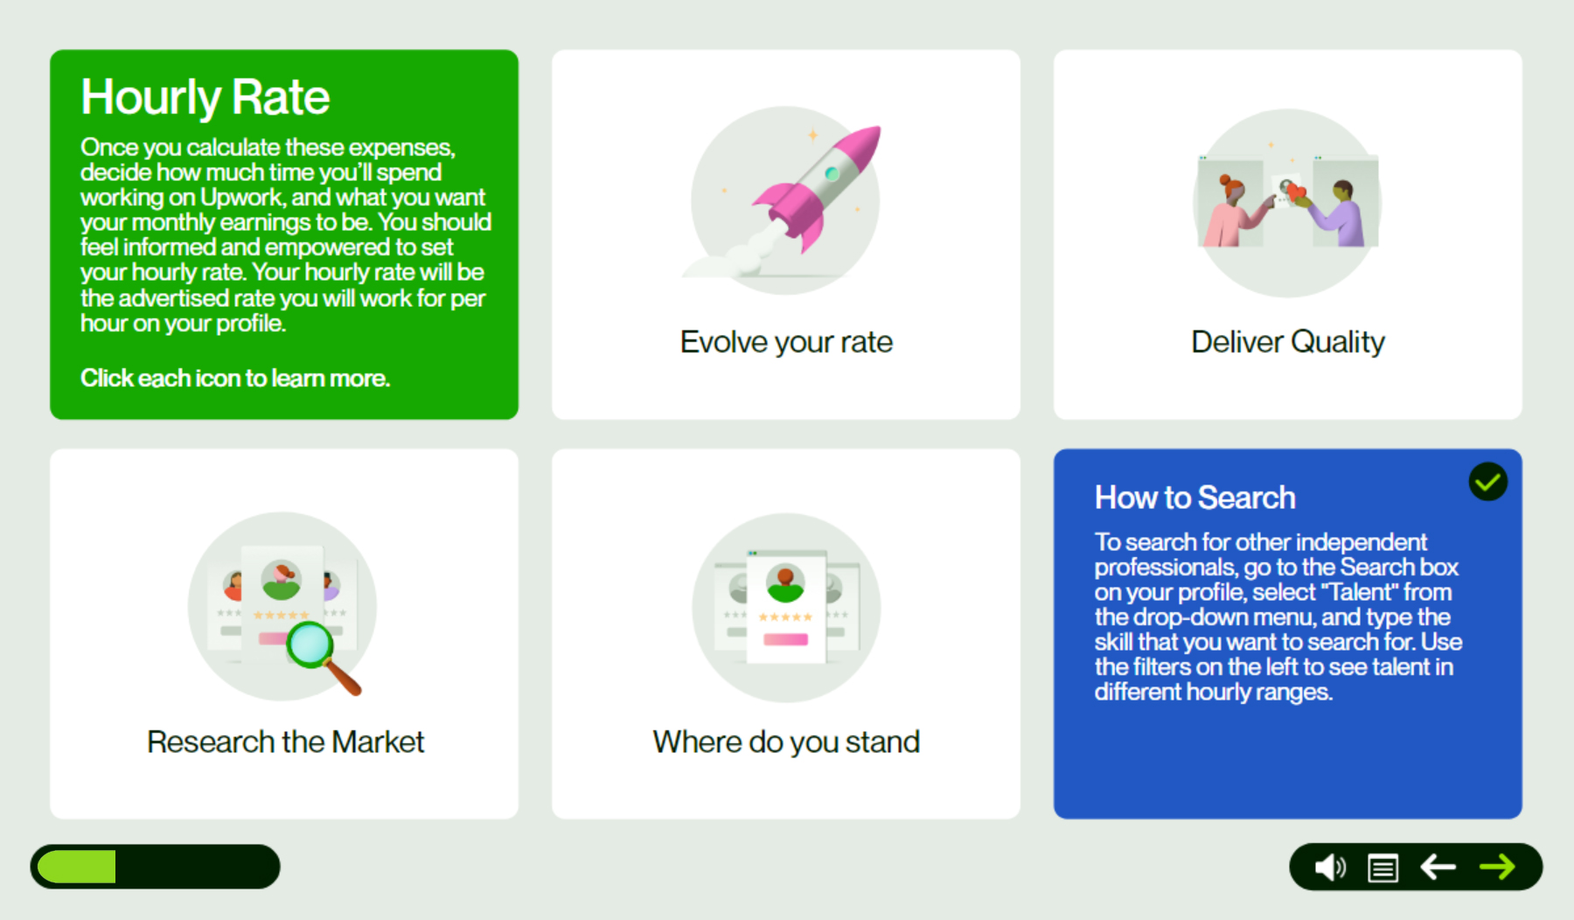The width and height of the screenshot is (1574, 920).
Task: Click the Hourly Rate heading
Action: (205, 97)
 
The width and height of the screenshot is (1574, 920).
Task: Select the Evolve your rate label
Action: (786, 342)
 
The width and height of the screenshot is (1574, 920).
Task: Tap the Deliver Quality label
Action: (1288, 342)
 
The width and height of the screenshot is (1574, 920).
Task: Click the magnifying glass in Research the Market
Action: (322, 655)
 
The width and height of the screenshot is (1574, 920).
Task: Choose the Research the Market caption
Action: (285, 742)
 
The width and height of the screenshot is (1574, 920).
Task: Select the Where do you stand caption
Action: (786, 742)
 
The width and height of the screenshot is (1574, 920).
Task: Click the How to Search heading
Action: (1195, 498)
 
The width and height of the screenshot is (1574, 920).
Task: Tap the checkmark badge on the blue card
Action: (1487, 482)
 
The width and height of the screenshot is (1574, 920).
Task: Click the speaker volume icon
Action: (1330, 868)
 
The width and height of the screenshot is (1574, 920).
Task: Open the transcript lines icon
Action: (1383, 868)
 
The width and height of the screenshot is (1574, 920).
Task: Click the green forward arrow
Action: (1497, 867)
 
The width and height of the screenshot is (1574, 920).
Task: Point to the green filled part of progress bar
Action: (77, 867)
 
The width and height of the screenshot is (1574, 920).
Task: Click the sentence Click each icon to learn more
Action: (235, 378)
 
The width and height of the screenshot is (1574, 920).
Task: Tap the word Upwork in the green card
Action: (241, 198)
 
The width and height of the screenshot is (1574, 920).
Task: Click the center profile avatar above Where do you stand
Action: (785, 582)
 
